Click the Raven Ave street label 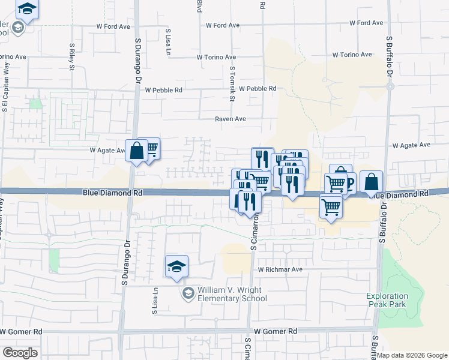coord(231,119)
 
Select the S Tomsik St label coord(232,83)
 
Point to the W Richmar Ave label coord(280,269)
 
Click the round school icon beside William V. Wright coord(188,293)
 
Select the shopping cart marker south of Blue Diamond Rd coord(331,207)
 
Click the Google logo coord(20,353)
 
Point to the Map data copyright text coord(412,355)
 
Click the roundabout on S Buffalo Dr coord(390,86)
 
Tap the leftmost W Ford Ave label coord(113,26)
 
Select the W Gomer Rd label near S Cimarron coord(276,331)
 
